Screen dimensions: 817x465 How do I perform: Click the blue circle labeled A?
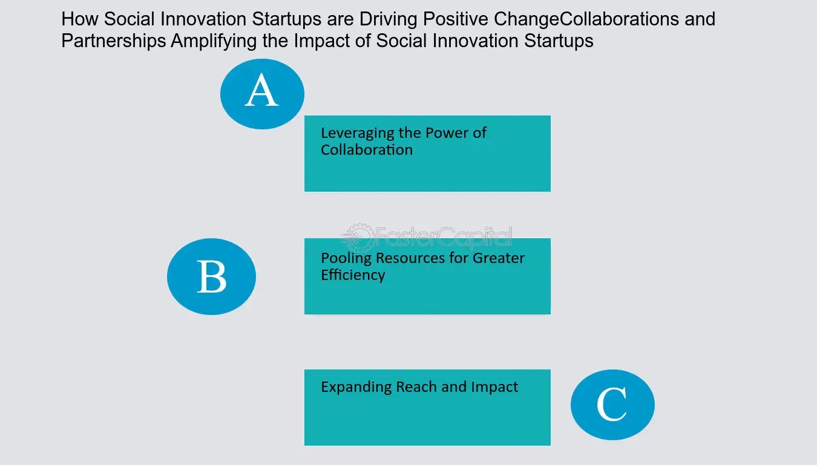point(262,94)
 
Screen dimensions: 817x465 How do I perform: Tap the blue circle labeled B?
point(212,276)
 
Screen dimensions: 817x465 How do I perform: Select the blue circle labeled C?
point(612,405)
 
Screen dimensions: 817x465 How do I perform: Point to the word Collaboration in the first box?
point(367,150)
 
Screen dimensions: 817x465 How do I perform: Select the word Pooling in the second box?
point(346,258)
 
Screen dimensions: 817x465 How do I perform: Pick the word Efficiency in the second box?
point(353,275)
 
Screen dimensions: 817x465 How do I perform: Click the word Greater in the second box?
point(498,258)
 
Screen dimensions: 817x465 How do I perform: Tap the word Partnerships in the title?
point(113,41)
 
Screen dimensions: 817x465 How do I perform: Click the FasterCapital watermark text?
point(444,237)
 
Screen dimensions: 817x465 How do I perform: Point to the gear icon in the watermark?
point(358,238)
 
